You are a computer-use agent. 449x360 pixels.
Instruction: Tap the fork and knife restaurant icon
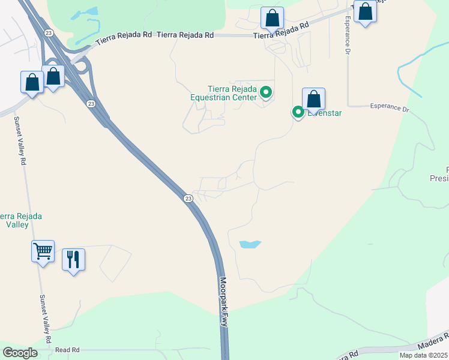[73, 260]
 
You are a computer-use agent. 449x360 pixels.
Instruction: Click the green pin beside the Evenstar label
[298, 112]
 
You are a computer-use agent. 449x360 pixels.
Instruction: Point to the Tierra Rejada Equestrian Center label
[223, 92]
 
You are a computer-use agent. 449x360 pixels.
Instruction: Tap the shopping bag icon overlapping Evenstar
[313, 99]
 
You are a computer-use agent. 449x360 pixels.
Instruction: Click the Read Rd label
[67, 350]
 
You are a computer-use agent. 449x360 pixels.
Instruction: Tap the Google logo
[20, 353]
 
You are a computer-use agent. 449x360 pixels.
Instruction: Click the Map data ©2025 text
[424, 355]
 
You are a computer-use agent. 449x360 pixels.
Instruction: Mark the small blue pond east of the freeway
[250, 244]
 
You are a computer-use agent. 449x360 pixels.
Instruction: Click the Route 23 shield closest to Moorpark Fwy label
[188, 198]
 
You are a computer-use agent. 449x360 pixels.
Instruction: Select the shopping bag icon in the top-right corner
[365, 11]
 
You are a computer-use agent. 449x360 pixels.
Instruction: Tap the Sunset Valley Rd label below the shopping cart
[46, 319]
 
